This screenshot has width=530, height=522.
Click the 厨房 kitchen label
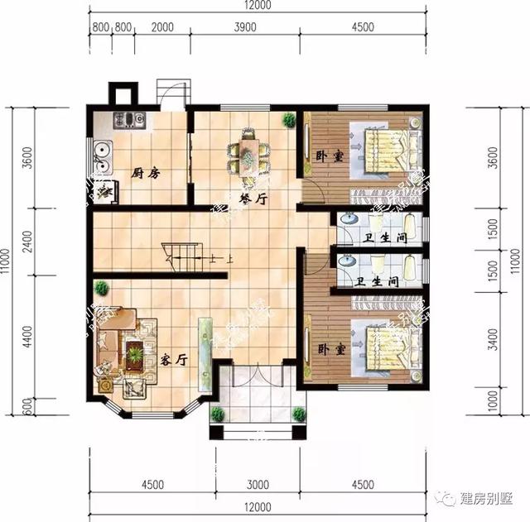(x=145, y=173)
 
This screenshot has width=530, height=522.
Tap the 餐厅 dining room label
(x=251, y=199)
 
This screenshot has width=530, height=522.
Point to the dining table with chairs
(x=249, y=153)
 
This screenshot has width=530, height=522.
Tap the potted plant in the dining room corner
(x=288, y=121)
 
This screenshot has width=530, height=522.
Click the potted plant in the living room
(x=101, y=289)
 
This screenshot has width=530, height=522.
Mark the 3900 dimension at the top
(x=245, y=27)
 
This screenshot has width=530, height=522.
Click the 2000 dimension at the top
(x=163, y=27)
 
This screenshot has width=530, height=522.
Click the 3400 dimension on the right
(x=494, y=338)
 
